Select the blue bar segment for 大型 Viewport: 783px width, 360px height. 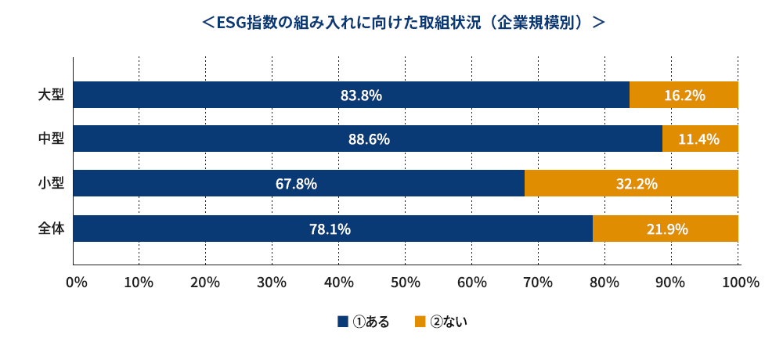point(351,95)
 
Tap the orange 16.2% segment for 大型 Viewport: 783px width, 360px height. point(684,95)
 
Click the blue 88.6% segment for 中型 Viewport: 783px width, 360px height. point(367,139)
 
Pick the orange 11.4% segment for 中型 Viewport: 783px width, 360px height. point(700,139)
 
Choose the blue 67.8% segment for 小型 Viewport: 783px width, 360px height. point(298,183)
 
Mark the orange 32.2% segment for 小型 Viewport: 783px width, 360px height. point(631,183)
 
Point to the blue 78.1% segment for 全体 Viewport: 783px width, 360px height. point(333,229)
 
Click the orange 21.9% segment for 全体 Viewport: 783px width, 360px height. point(665,229)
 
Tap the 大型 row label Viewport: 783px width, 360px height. point(52,95)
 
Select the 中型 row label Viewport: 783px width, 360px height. point(52,139)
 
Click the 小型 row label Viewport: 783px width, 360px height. point(52,183)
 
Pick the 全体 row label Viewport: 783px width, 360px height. point(52,229)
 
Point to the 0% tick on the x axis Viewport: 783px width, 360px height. point(77,283)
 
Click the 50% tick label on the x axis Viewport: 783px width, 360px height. point(405,283)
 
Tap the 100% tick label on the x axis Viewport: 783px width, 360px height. point(737,283)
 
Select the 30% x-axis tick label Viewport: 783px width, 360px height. point(272,283)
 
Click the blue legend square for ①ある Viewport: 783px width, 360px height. point(343,322)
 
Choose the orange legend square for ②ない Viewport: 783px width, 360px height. point(420,322)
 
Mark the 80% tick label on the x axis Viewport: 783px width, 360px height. point(604,283)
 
